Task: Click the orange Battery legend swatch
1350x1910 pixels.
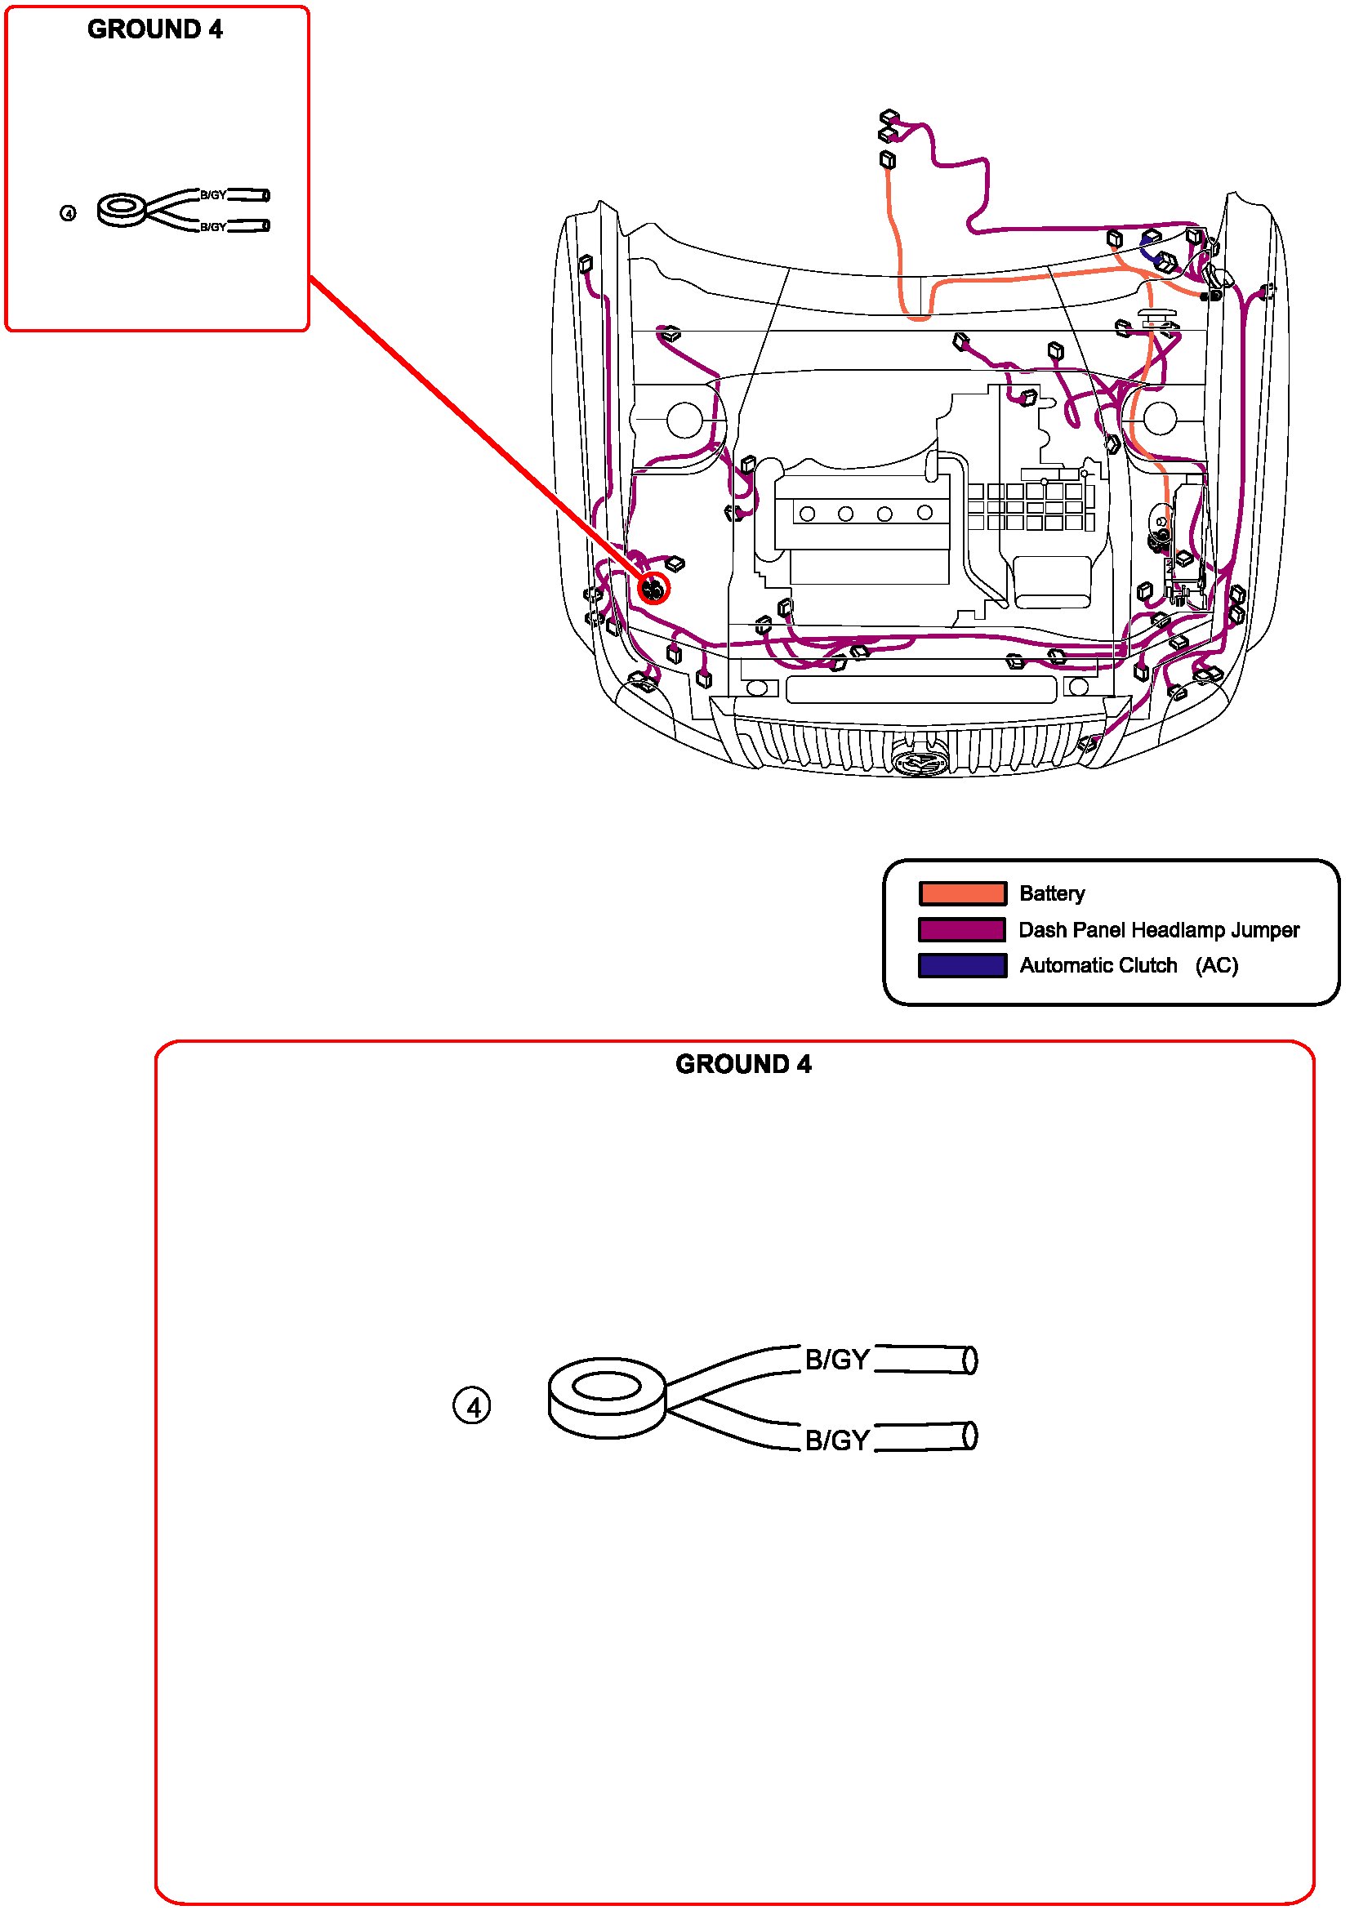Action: [x=961, y=893]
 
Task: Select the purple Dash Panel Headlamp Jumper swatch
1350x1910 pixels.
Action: [x=961, y=929]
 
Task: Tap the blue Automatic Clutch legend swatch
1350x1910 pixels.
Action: [x=961, y=965]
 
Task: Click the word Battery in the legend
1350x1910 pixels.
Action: [x=1051, y=893]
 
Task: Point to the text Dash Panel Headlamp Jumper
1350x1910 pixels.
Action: [x=1158, y=929]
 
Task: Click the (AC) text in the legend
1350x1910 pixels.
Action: [x=1216, y=965]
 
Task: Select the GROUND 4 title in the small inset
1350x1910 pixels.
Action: [x=154, y=29]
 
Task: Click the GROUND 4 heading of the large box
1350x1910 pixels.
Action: [x=743, y=1064]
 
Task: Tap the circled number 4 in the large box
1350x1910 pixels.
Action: [x=471, y=1407]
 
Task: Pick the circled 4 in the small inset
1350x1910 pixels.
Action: [x=69, y=214]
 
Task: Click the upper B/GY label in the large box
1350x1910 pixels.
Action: [x=837, y=1360]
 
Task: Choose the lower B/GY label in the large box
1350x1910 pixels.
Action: [x=837, y=1440]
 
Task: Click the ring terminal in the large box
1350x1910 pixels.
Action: [x=606, y=1396]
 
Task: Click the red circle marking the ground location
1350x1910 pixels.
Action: [x=654, y=589]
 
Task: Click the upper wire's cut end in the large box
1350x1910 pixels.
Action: [x=969, y=1360]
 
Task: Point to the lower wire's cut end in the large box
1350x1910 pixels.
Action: [x=969, y=1436]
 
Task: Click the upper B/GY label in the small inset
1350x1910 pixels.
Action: [x=213, y=195]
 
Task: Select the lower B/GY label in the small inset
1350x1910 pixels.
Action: [x=213, y=227]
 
